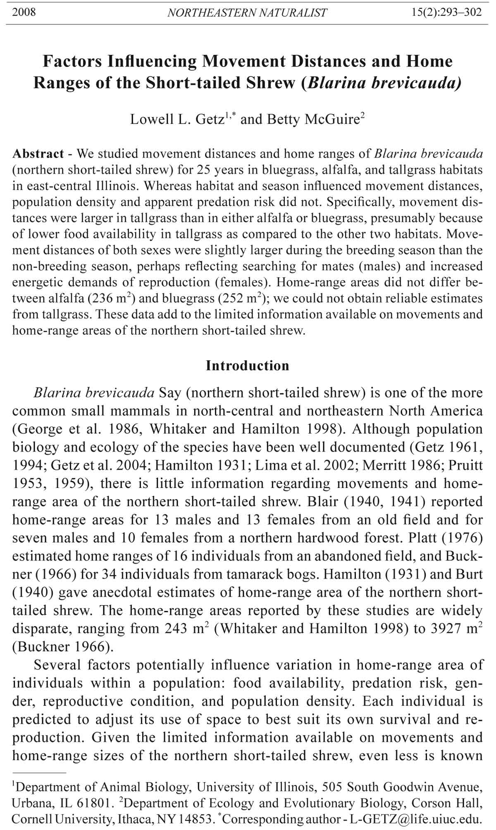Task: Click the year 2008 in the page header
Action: point(24,12)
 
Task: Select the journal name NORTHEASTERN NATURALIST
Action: point(247,13)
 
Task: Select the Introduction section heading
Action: point(248,366)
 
